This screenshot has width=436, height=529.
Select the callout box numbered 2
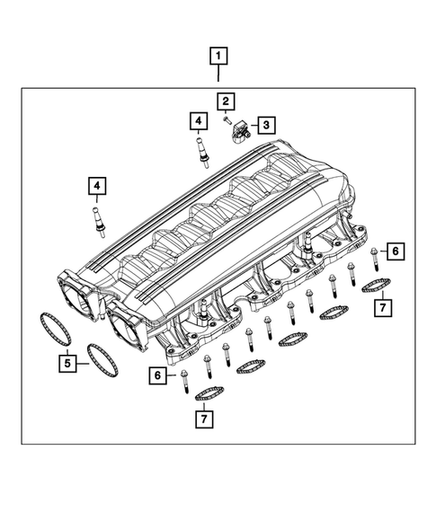tap(225, 101)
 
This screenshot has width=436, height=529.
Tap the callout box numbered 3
tap(265, 125)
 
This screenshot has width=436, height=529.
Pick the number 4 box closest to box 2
tap(198, 119)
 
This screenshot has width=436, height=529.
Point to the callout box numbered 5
tap(67, 364)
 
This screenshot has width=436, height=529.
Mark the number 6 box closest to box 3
tap(392, 251)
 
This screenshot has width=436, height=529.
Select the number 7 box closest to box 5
tap(204, 419)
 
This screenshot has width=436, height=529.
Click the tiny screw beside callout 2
tap(228, 118)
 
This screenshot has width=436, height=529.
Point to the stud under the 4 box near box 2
tap(200, 147)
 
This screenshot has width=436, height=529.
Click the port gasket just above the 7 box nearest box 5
tap(209, 392)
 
